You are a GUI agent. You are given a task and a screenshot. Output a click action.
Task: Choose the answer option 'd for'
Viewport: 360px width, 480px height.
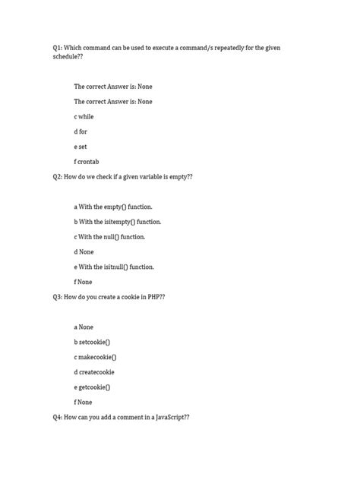tap(81, 131)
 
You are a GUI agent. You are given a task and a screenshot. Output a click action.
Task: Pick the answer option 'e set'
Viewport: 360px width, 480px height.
tap(81, 147)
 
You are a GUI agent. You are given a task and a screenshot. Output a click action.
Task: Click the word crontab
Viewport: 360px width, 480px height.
tap(93, 162)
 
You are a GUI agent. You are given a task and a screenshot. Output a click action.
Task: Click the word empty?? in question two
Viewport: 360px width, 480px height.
tap(175, 176)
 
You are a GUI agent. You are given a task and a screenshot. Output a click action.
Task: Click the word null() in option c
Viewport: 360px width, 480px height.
tap(112, 237)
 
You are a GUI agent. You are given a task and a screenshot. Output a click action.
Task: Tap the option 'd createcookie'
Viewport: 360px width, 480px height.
tap(95, 372)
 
